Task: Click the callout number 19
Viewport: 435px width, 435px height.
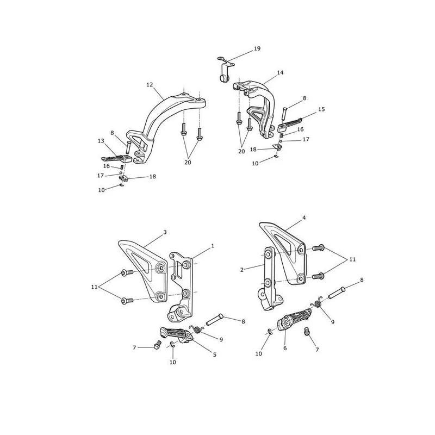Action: [257, 48]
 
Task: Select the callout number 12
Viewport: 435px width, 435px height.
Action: [150, 85]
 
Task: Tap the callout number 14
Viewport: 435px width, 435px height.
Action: [280, 73]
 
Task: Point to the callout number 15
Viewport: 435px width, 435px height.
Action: [321, 109]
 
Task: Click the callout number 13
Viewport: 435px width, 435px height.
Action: [101, 141]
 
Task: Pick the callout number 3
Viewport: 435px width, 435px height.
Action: [165, 232]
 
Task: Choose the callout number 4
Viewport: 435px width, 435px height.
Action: [304, 218]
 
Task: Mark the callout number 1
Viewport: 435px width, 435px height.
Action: [213, 246]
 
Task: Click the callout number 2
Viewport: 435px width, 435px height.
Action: [241, 270]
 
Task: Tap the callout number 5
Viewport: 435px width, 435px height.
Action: [214, 355]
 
